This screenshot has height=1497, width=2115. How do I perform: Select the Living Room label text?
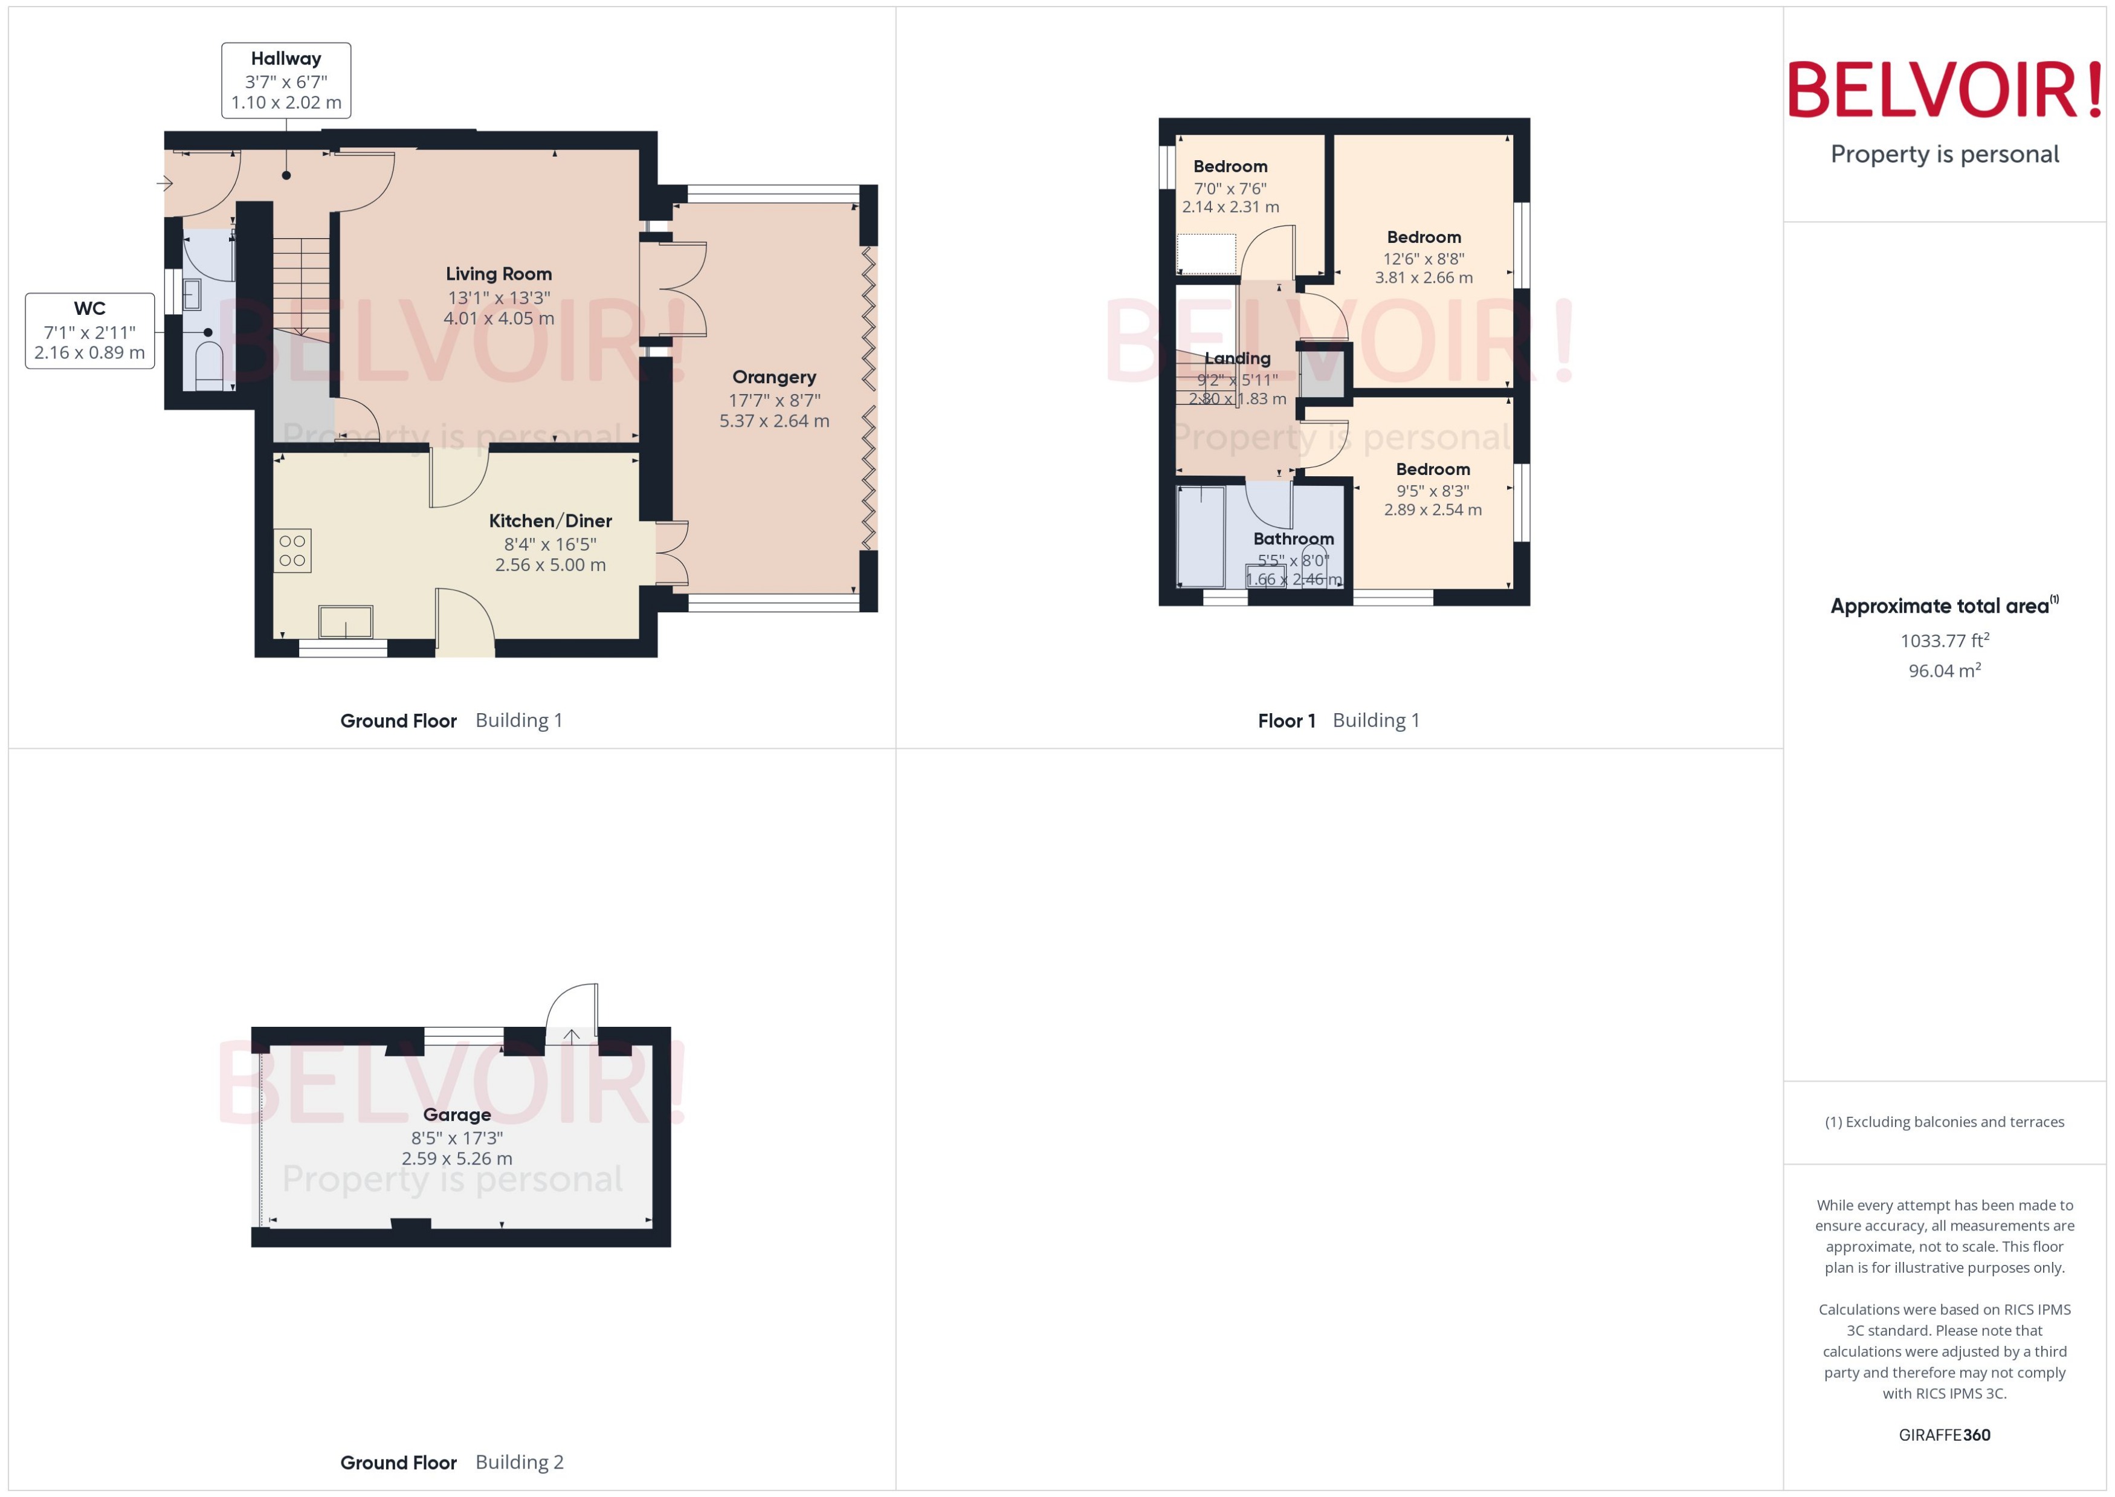tap(499, 274)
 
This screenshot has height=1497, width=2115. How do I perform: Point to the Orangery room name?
tap(774, 377)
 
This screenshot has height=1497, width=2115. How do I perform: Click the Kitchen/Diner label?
tap(550, 521)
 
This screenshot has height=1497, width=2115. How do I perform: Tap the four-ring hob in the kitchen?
tap(293, 551)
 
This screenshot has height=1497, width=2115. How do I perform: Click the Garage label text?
tap(457, 1114)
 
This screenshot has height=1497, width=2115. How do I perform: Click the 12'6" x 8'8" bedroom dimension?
tap(1424, 259)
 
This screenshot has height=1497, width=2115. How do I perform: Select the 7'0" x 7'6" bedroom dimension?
tap(1230, 188)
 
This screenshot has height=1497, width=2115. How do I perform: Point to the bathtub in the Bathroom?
tap(1201, 537)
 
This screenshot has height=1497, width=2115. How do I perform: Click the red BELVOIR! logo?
tap(1945, 90)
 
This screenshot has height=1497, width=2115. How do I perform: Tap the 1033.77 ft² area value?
tap(1945, 640)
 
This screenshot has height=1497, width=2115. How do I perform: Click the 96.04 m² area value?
tap(1945, 670)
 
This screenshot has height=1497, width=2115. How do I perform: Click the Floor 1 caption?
tap(1287, 721)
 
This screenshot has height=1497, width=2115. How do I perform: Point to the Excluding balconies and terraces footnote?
tap(1945, 1122)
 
